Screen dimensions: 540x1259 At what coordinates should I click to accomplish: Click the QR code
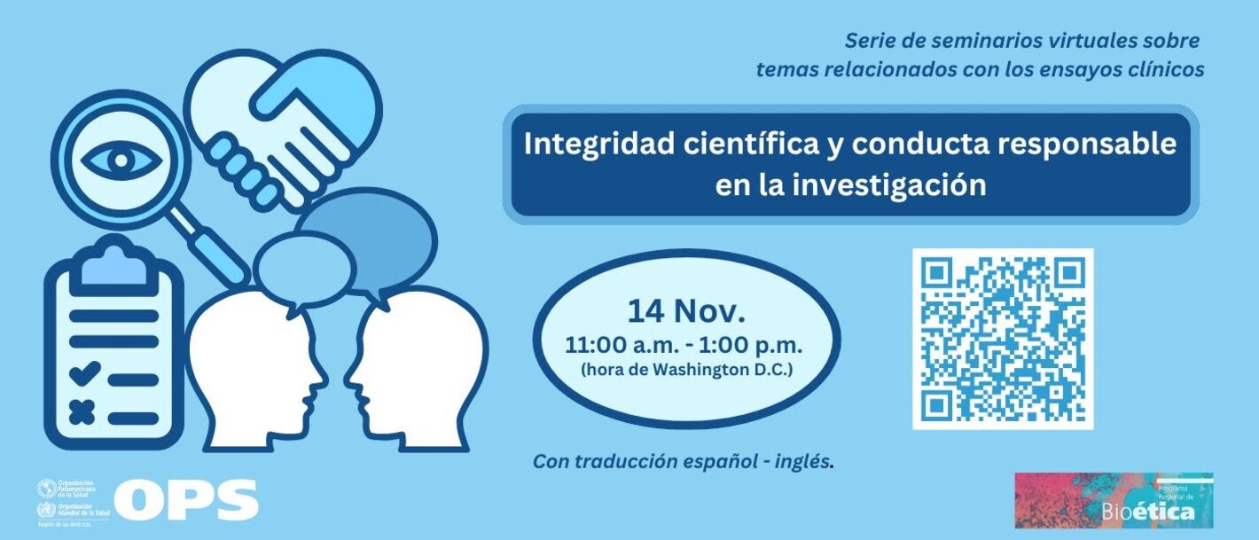1003,339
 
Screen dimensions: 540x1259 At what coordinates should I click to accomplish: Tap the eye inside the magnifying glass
121,160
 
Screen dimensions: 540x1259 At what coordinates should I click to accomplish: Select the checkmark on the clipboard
84,374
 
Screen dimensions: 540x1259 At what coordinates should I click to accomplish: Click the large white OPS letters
186,500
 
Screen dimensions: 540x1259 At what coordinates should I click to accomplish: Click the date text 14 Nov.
686,311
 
